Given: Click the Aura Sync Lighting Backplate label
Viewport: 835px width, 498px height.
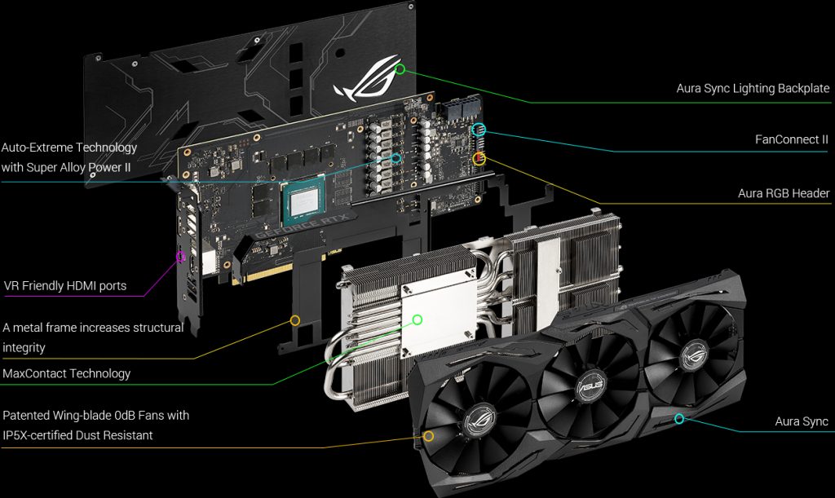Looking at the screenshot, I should point(753,88).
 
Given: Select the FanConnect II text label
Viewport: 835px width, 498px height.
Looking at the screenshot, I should point(792,139).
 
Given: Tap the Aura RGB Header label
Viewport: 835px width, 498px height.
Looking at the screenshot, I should point(784,193).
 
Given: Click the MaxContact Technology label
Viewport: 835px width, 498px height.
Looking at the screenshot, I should point(67,373).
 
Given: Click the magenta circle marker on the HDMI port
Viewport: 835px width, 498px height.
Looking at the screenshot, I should point(181,257).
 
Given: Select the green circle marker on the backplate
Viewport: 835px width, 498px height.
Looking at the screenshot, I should point(400,69).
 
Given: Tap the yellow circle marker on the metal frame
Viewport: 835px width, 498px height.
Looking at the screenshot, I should point(295,320).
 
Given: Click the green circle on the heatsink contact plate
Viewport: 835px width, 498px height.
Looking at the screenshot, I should point(417,320).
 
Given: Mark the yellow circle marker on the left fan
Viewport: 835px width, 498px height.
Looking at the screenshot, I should point(429,436).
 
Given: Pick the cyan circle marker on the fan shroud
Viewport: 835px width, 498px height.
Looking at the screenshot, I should point(679,418).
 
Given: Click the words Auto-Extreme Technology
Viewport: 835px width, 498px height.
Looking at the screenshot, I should point(69,148).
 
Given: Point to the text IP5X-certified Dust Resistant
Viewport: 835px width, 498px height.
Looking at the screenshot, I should point(77,435).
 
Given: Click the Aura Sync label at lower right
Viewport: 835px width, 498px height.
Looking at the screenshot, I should point(802,421).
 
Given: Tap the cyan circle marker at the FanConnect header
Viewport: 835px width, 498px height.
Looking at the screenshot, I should point(479,129).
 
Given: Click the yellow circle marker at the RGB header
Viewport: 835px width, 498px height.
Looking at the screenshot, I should point(479,158).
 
